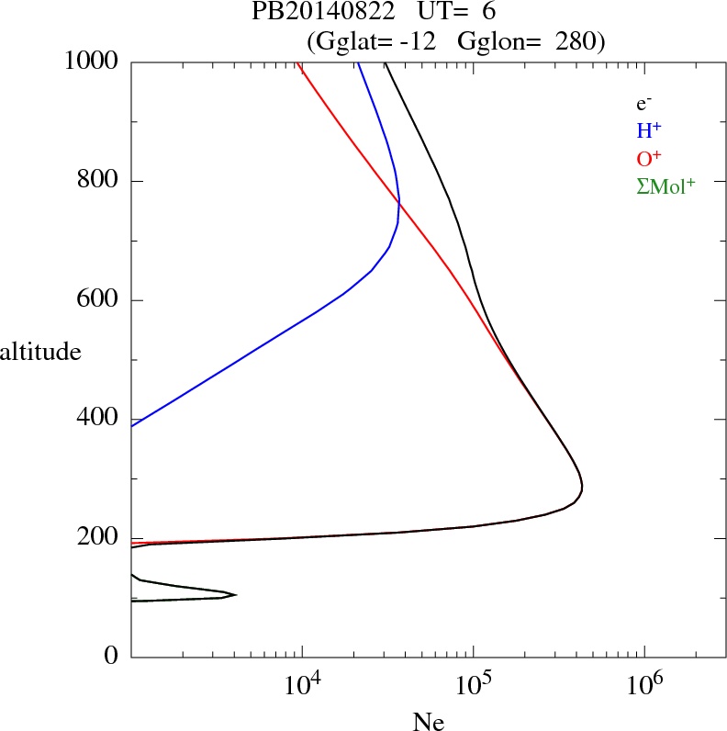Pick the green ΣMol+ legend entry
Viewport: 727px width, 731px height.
tap(665, 186)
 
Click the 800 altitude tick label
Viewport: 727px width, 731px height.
tap(99, 181)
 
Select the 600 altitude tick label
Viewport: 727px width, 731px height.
tap(99, 300)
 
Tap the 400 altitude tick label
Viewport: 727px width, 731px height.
tap(99, 420)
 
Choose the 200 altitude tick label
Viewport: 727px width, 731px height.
tap(99, 539)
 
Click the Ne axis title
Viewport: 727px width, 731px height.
tap(429, 722)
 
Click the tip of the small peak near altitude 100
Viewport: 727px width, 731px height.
tap(236, 595)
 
